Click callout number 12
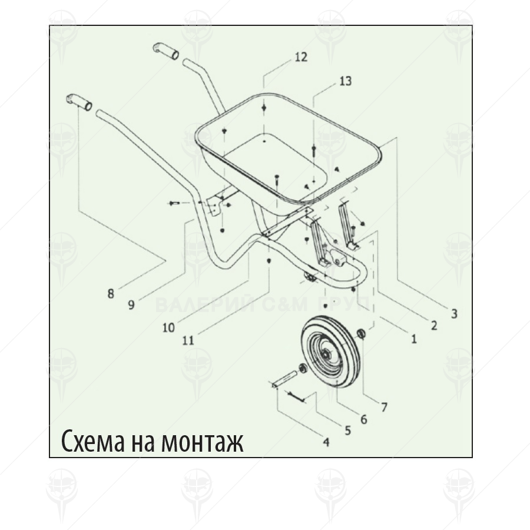[300, 57]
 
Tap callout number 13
[345, 81]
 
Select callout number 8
[111, 293]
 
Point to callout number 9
[131, 304]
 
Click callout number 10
[168, 327]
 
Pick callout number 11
[188, 339]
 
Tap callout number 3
[454, 314]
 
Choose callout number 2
[434, 325]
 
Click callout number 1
[413, 339]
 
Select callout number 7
[384, 406]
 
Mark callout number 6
[363, 419]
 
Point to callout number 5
[347, 430]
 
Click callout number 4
[326, 442]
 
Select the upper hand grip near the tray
[165, 51]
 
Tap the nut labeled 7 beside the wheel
[362, 334]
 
